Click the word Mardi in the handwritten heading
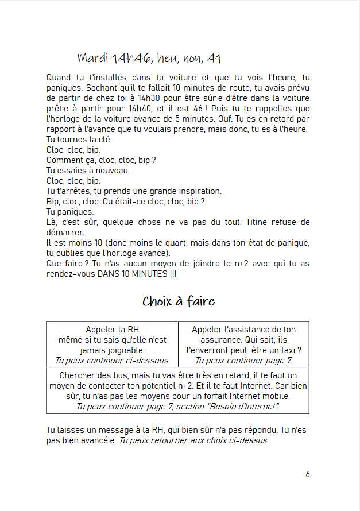[x=93, y=59]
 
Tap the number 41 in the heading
[x=214, y=59]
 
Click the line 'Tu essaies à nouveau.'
[x=88, y=171]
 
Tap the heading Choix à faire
[x=179, y=301]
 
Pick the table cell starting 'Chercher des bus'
[x=177, y=391]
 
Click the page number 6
[x=308, y=474]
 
